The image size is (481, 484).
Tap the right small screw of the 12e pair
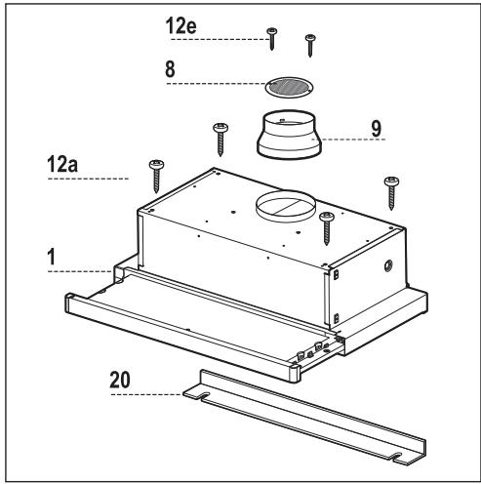310,42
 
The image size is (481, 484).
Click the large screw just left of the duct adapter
221,136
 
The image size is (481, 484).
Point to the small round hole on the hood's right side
388,264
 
